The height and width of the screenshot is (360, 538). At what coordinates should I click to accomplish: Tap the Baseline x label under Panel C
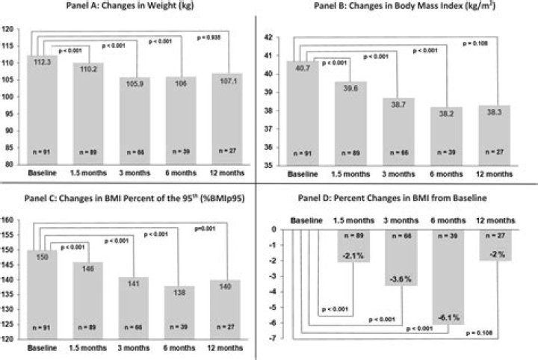[43, 350]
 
